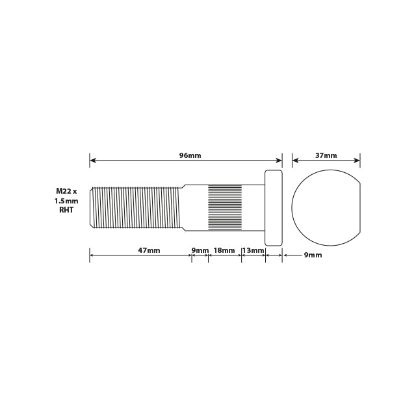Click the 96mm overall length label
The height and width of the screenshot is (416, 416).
[x=190, y=155]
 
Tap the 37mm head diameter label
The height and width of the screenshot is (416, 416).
[x=326, y=155]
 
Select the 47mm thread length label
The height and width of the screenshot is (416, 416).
[x=149, y=250]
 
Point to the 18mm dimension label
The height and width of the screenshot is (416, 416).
[x=224, y=250]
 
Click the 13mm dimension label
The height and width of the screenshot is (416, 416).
[x=253, y=250]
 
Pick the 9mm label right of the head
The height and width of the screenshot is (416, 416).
[x=313, y=255]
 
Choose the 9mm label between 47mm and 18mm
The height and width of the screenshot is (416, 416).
[x=200, y=250]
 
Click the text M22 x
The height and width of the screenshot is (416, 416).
[x=66, y=191]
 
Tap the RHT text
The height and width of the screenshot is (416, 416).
[x=66, y=211]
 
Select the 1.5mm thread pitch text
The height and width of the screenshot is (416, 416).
[x=66, y=201]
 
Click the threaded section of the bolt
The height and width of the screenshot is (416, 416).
[x=135, y=207]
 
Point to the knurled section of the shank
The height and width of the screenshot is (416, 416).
[x=224, y=207]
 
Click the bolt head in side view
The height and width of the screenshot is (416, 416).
[x=274, y=207]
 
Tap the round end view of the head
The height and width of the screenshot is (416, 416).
[x=325, y=207]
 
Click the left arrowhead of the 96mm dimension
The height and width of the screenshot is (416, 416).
[x=92, y=160]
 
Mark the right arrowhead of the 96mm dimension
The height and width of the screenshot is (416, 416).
[x=279, y=160]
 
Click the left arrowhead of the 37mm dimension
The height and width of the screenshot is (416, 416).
[x=295, y=160]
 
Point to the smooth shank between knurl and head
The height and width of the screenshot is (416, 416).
[x=253, y=207]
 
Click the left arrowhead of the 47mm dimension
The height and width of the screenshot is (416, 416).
[x=92, y=255]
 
